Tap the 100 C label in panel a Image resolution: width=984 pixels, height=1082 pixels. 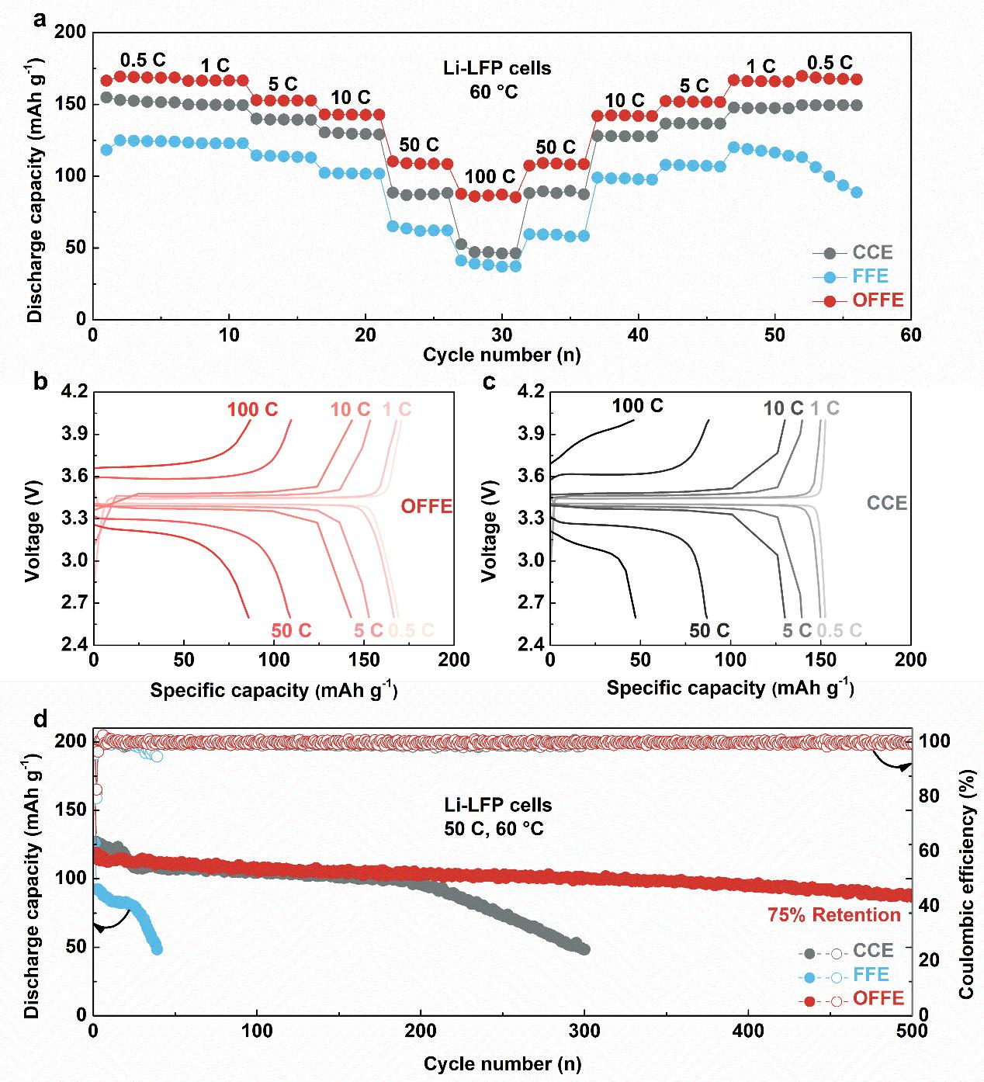click(x=490, y=177)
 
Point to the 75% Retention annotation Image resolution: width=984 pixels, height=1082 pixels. click(x=834, y=915)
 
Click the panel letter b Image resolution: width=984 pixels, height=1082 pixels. click(x=41, y=382)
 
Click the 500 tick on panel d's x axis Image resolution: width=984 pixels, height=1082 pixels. click(x=911, y=1032)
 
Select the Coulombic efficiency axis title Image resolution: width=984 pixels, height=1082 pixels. click(x=967, y=876)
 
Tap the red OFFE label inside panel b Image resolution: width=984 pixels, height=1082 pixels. click(x=427, y=507)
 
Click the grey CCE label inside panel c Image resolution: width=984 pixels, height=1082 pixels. click(x=887, y=503)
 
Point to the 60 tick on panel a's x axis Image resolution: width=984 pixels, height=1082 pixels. click(x=911, y=335)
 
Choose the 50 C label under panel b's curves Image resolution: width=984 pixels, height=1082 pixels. click(x=291, y=630)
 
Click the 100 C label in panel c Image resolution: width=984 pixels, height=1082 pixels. click(x=637, y=405)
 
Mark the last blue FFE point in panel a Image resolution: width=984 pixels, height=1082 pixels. click(x=857, y=192)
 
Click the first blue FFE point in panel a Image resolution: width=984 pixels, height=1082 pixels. click(x=106, y=150)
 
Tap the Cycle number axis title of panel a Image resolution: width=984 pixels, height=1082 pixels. click(x=501, y=355)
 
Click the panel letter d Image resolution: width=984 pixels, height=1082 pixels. click(x=41, y=718)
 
